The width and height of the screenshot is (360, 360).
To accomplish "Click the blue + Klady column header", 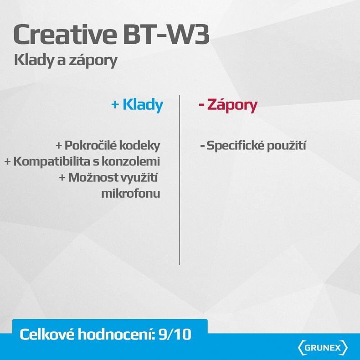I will point(137,105).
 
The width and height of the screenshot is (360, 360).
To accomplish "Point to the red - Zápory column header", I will point(228,105).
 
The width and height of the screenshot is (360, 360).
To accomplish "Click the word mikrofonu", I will point(131,193).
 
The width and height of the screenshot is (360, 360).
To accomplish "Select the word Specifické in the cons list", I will point(233,146).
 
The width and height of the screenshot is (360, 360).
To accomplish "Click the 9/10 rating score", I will point(175,335).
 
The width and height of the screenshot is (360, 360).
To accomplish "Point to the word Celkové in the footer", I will point(48,335).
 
